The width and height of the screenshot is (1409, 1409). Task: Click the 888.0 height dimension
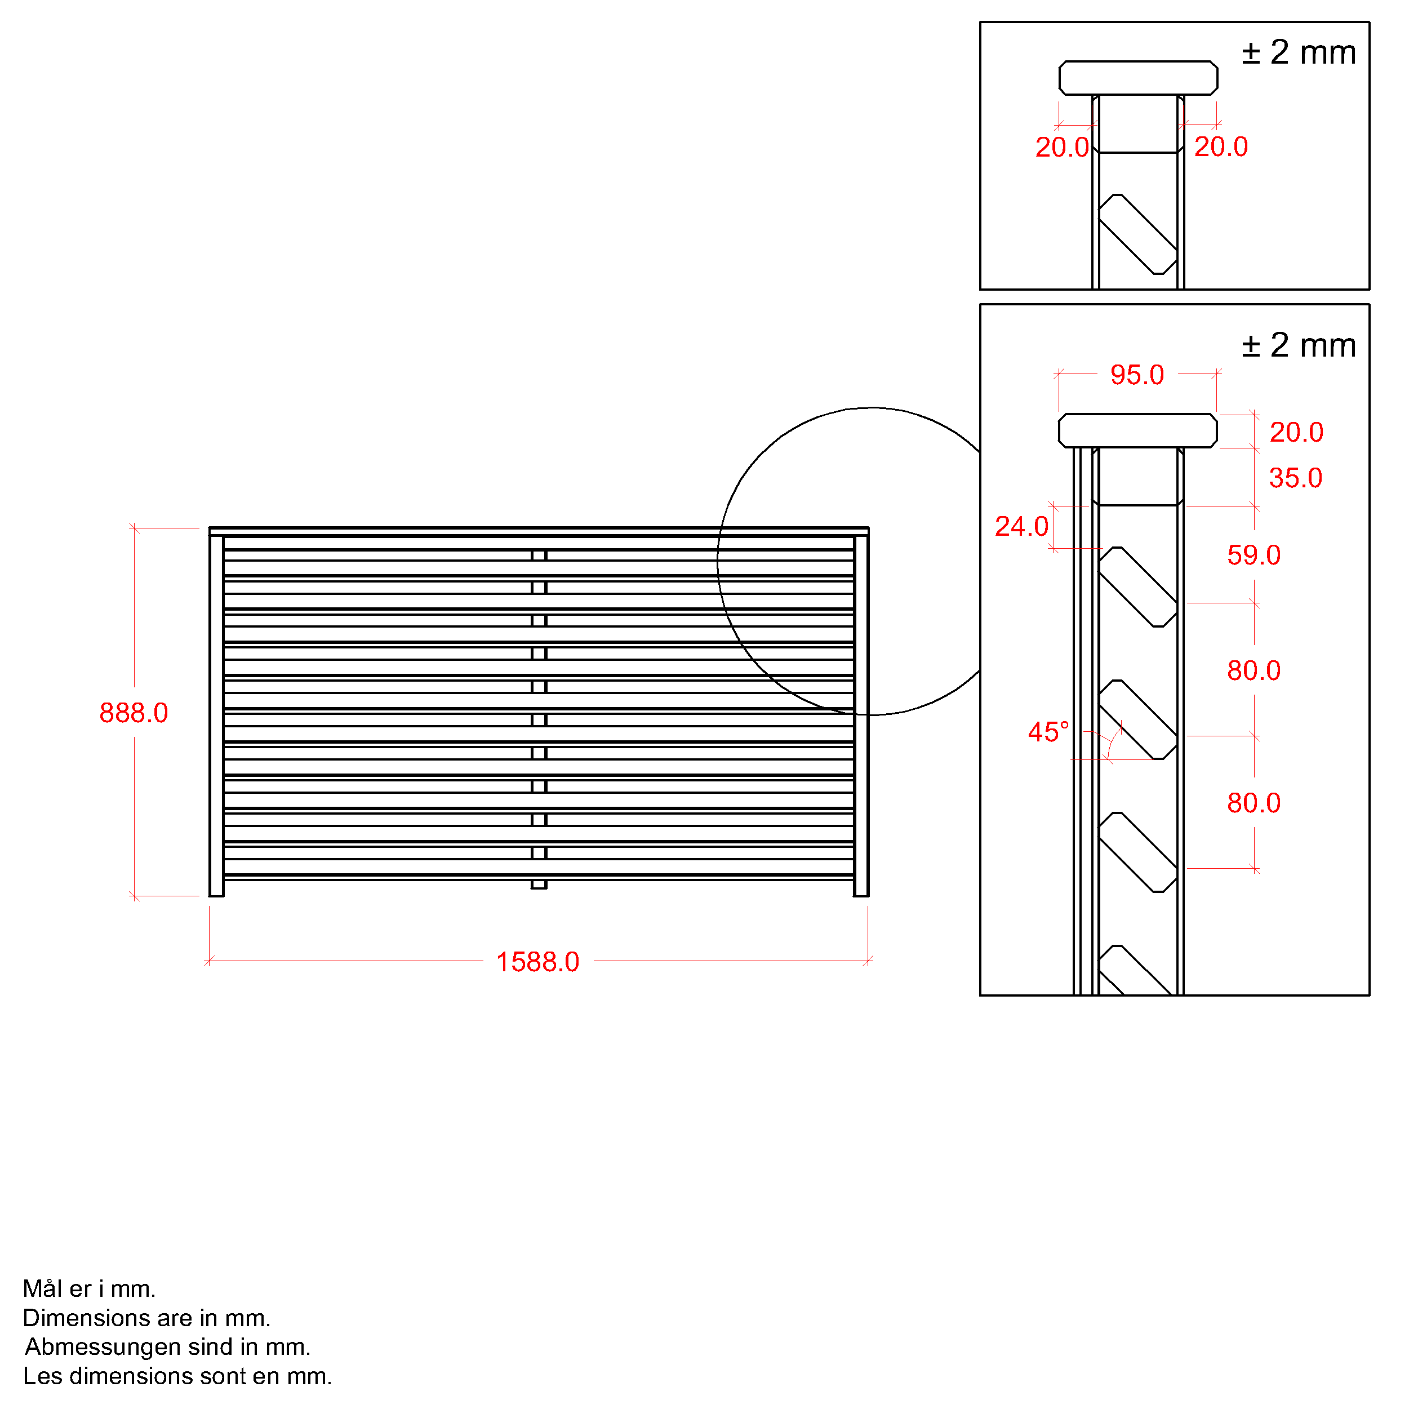tap(134, 713)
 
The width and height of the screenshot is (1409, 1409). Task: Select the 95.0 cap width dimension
tap(1137, 375)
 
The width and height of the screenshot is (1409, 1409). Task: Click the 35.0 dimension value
tap(1296, 478)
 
